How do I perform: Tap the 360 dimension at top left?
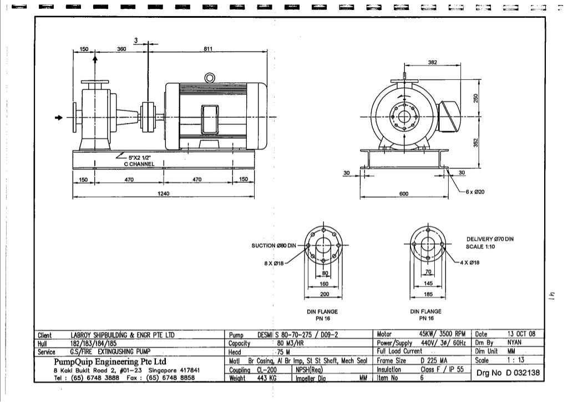(122, 49)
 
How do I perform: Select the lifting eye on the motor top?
(210, 78)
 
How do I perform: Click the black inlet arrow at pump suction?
(58, 118)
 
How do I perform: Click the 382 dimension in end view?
(433, 63)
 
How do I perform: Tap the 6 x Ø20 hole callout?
(475, 192)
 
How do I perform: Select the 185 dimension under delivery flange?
(428, 293)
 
